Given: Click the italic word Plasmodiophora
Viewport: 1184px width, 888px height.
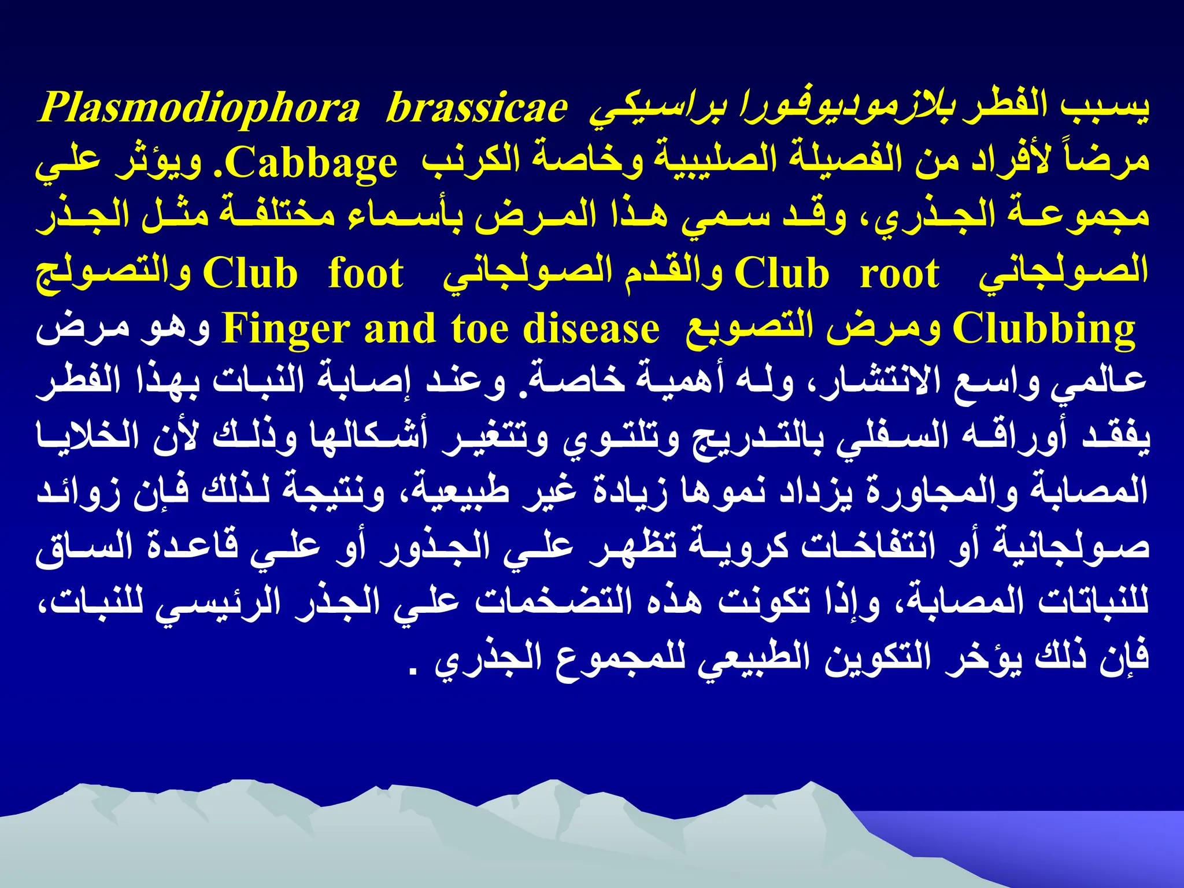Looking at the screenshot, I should point(199,109).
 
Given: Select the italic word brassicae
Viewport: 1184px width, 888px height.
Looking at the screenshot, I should point(476,109).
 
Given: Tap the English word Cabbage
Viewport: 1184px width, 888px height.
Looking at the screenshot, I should point(315,164).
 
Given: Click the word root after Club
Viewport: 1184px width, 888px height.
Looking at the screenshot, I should point(899,274).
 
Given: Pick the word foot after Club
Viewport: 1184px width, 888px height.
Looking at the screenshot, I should point(365,274).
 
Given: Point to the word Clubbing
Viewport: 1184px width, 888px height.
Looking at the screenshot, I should point(1044,328).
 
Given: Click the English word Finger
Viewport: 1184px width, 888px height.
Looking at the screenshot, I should point(286,328).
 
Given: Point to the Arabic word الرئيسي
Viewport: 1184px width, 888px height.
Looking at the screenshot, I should point(219,602).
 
